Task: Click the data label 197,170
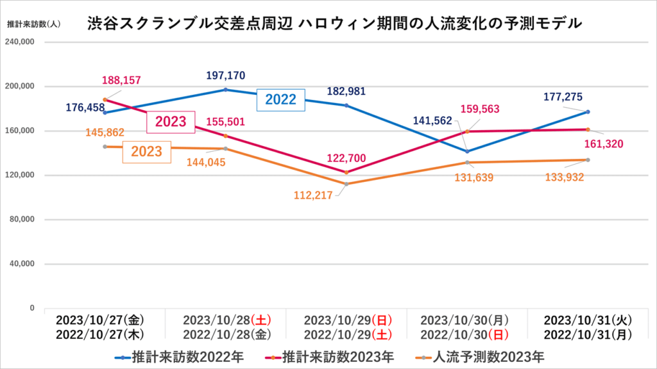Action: pos(226,76)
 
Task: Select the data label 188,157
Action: pos(121,81)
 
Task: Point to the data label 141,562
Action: pos(433,120)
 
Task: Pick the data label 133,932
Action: pos(564,177)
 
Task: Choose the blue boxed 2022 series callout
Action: pos(280,99)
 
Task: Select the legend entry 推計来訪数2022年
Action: pos(179,356)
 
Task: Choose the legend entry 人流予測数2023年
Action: pos(479,356)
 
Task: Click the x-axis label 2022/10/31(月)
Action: pos(588,333)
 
